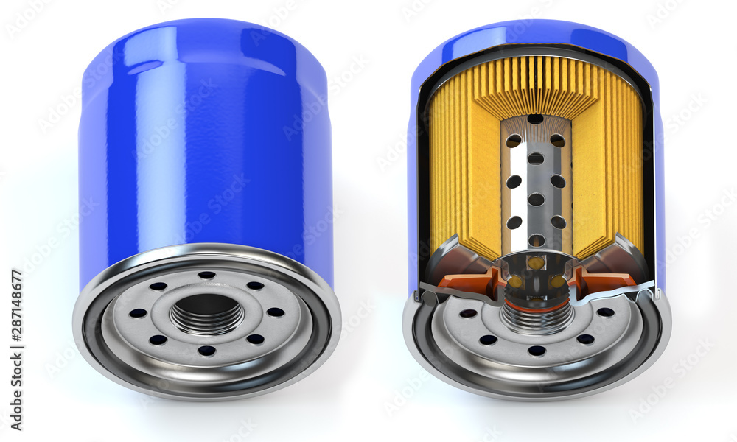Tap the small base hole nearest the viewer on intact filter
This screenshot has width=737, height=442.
pyautogui.click(x=207, y=351)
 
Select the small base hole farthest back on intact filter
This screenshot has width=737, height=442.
pyautogui.click(x=207, y=276)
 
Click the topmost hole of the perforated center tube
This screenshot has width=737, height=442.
pyautogui.click(x=536, y=119)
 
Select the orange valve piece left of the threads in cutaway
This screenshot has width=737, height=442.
pyautogui.click(x=472, y=284)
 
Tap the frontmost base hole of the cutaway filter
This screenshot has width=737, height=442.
pyautogui.click(x=537, y=351)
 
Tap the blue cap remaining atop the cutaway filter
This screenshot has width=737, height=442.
pyautogui.click(x=536, y=32)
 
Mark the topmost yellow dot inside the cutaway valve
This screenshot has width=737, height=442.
pyautogui.click(x=536, y=263)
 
